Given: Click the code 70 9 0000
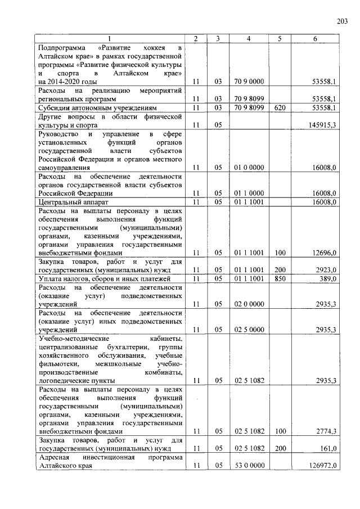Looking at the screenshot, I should (249, 82).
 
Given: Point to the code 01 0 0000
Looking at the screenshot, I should (249, 168).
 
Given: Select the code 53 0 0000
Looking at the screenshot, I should (249, 466).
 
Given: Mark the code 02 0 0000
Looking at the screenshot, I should (249, 304).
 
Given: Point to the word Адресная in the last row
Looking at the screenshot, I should (53, 458).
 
